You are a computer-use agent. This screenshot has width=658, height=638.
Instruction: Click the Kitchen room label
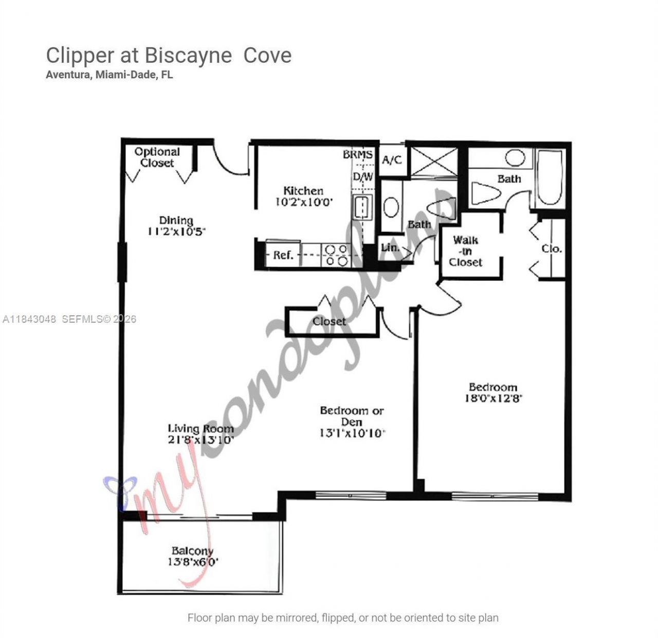tap(303, 190)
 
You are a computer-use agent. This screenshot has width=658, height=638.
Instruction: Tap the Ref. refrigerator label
tap(283, 255)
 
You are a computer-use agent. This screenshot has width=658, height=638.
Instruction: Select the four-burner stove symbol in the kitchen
tap(337, 256)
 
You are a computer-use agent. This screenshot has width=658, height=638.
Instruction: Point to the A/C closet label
tap(392, 160)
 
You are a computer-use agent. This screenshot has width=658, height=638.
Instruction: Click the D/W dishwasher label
tap(363, 177)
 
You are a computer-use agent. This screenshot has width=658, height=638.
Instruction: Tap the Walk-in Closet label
tap(466, 251)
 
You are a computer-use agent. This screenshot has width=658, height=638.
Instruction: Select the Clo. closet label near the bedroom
tap(552, 249)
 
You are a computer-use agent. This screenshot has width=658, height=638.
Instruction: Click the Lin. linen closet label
tap(390, 248)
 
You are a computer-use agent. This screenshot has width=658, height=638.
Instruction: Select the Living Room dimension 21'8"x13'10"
tap(201, 440)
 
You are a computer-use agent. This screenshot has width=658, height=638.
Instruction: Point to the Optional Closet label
tap(157, 157)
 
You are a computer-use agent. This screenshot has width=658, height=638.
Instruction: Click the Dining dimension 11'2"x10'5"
tap(176, 231)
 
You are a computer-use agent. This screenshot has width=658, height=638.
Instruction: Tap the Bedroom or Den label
tap(352, 416)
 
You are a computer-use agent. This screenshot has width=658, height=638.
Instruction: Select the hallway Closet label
tap(329, 321)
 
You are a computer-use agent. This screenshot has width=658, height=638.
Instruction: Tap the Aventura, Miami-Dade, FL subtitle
tap(109, 75)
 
